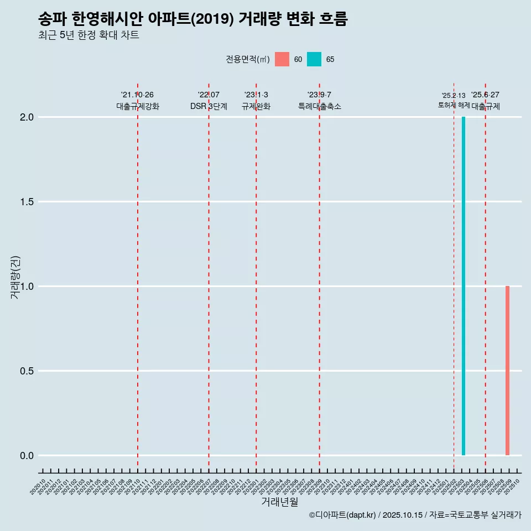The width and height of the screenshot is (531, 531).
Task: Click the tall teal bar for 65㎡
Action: (x=464, y=286)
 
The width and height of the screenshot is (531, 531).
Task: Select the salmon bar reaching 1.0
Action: (x=507, y=371)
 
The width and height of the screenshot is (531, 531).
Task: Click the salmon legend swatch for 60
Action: (x=282, y=59)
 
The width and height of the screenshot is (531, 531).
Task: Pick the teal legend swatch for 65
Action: (x=314, y=59)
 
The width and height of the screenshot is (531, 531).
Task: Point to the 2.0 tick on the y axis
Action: (x=27, y=117)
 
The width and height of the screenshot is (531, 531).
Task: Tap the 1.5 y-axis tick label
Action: (x=27, y=202)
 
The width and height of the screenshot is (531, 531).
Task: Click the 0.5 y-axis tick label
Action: (x=27, y=371)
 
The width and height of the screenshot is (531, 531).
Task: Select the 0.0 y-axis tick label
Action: (x=27, y=456)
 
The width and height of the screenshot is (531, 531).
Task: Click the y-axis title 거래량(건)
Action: (x=15, y=277)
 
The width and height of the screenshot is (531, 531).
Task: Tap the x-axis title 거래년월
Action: (x=279, y=502)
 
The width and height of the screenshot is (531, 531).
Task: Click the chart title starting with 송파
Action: (x=192, y=19)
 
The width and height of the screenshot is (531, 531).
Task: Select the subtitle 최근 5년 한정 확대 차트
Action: (x=88, y=35)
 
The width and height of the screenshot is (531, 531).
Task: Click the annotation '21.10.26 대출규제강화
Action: (x=137, y=101)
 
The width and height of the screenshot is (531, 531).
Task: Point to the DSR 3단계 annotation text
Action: (x=209, y=106)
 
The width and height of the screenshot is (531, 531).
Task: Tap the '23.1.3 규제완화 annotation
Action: (x=256, y=101)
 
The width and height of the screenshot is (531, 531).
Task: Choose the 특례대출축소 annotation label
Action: (x=320, y=106)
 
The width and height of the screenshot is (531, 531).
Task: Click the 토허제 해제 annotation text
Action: (x=454, y=105)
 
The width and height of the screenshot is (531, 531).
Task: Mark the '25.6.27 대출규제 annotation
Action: (x=486, y=101)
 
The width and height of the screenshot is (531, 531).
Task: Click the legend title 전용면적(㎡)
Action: (x=247, y=59)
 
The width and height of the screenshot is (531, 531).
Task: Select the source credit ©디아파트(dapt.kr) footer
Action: (x=415, y=515)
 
